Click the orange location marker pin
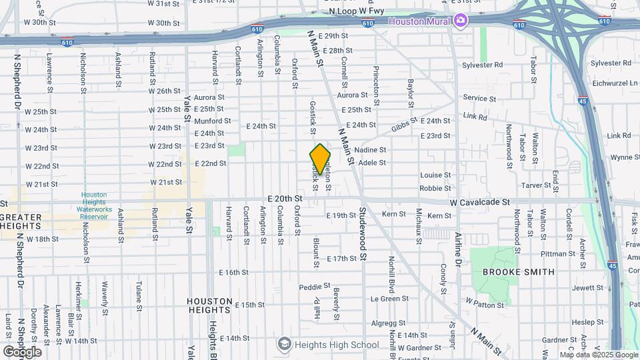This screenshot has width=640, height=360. (x=321, y=159)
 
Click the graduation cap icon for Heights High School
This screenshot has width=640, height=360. (x=285, y=344)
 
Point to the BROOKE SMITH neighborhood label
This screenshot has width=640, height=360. (x=518, y=272)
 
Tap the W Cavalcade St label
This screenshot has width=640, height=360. (x=479, y=201)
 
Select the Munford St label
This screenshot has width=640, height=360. (x=213, y=121)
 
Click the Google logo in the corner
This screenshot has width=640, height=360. (x=22, y=351)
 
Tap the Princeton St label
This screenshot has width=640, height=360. (x=377, y=81)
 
